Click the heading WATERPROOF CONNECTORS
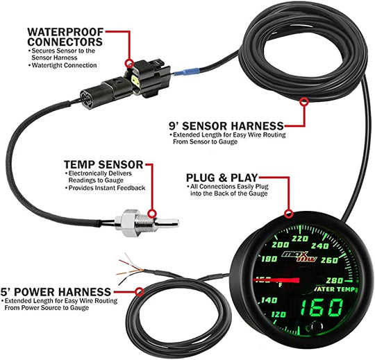(x=65, y=37)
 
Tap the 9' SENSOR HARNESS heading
(x=226, y=126)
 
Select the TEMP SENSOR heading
(x=103, y=164)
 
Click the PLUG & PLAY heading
(x=222, y=178)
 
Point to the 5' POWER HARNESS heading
(x=56, y=292)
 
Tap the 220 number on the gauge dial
(x=300, y=239)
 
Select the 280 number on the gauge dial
(x=334, y=280)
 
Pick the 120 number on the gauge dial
(x=278, y=314)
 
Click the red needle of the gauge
(x=276, y=280)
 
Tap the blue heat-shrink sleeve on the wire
(x=186, y=71)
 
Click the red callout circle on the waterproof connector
(x=130, y=63)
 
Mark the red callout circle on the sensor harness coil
(x=304, y=101)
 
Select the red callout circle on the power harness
(x=140, y=292)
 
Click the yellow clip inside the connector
(x=135, y=80)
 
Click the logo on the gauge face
(x=300, y=257)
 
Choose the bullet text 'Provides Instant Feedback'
(x=107, y=188)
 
